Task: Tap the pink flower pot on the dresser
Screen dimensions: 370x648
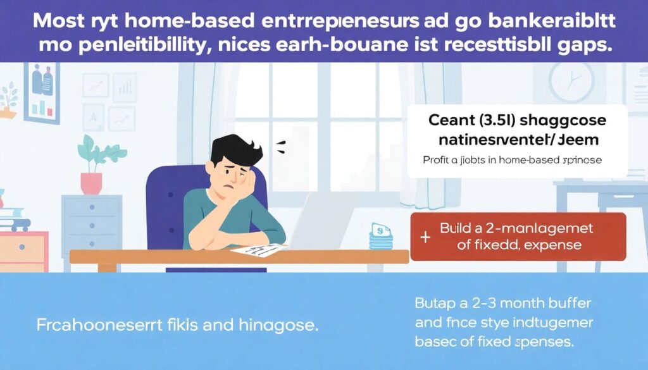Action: point(91,183)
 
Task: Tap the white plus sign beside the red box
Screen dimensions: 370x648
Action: point(425,237)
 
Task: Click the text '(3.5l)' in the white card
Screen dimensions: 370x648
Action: point(490,120)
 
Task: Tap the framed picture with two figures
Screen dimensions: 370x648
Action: point(42,91)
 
